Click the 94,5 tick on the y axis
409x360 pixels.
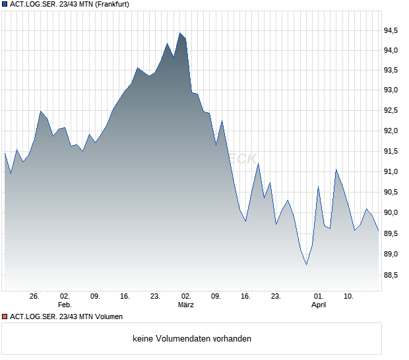(392, 30)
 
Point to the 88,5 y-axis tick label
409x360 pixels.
(392, 275)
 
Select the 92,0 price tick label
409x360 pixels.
(392, 131)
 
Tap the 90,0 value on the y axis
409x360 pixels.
(392, 213)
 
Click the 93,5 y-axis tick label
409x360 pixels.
(392, 71)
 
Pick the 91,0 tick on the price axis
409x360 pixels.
(392, 172)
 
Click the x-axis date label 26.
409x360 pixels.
(35, 296)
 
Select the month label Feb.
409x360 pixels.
(64, 305)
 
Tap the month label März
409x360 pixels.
(186, 305)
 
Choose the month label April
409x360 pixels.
(319, 305)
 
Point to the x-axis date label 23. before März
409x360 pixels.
(155, 296)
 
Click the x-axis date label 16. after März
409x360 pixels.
(245, 296)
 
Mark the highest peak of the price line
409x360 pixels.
(179, 32)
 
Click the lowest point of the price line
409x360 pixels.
(306, 265)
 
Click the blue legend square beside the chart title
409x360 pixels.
(5, 5)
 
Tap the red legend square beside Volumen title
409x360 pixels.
(5, 317)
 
